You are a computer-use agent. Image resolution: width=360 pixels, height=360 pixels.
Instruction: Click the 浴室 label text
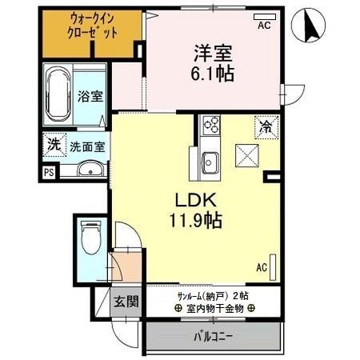[x=89, y=97]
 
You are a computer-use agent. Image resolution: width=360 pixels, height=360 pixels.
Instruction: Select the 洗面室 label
[x=85, y=147]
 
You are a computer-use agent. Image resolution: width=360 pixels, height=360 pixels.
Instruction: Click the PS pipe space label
[x=50, y=171]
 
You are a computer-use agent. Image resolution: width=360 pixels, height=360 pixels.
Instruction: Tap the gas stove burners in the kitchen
[x=212, y=124]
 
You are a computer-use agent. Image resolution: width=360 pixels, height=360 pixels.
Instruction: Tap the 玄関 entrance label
[x=125, y=302]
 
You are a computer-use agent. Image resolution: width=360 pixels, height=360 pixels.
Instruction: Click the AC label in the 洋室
[x=263, y=26]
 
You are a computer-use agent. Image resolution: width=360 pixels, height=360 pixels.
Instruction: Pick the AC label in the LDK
[x=262, y=267]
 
